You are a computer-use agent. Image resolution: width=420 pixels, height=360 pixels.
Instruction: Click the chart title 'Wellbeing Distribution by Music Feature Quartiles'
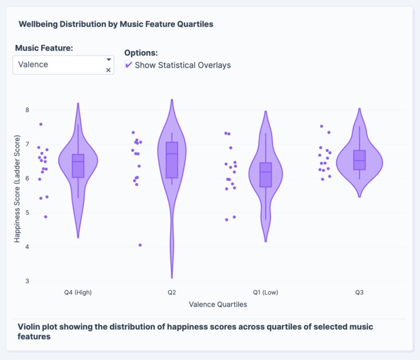(x=116, y=24)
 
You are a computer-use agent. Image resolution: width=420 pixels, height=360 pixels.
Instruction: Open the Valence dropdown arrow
(x=109, y=60)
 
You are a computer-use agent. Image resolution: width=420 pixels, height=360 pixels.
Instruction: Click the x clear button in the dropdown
(x=109, y=70)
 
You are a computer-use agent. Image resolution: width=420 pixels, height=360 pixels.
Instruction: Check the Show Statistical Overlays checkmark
(x=129, y=65)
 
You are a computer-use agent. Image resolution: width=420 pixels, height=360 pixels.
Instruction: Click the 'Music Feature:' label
(x=44, y=48)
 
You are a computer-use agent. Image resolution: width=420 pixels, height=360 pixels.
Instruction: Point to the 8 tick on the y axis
(x=26, y=110)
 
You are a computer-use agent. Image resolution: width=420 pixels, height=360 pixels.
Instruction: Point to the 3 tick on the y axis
(x=26, y=281)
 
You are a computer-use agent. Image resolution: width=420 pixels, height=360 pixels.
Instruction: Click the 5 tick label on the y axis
(x=26, y=212)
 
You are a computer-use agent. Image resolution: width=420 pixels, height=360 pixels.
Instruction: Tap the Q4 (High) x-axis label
(x=78, y=293)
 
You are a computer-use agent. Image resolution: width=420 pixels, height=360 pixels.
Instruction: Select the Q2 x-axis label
(x=171, y=293)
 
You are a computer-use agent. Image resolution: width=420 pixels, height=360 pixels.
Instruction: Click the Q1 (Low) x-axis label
(x=265, y=293)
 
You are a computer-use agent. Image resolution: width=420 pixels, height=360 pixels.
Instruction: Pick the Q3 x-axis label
(x=359, y=293)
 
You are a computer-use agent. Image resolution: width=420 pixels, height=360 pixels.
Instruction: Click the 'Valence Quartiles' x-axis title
(x=218, y=305)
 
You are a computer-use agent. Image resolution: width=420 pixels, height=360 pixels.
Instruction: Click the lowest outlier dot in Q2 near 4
(x=140, y=245)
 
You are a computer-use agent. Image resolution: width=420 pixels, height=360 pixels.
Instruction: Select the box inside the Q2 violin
(x=171, y=160)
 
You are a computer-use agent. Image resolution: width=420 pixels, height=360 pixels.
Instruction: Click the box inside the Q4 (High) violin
(x=78, y=166)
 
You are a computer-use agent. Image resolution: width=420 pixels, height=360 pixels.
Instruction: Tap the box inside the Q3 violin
(x=359, y=160)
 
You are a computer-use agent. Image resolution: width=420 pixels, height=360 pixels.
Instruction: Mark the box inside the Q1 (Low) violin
(x=266, y=175)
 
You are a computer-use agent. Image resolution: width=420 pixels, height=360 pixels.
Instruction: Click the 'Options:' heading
(x=141, y=53)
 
